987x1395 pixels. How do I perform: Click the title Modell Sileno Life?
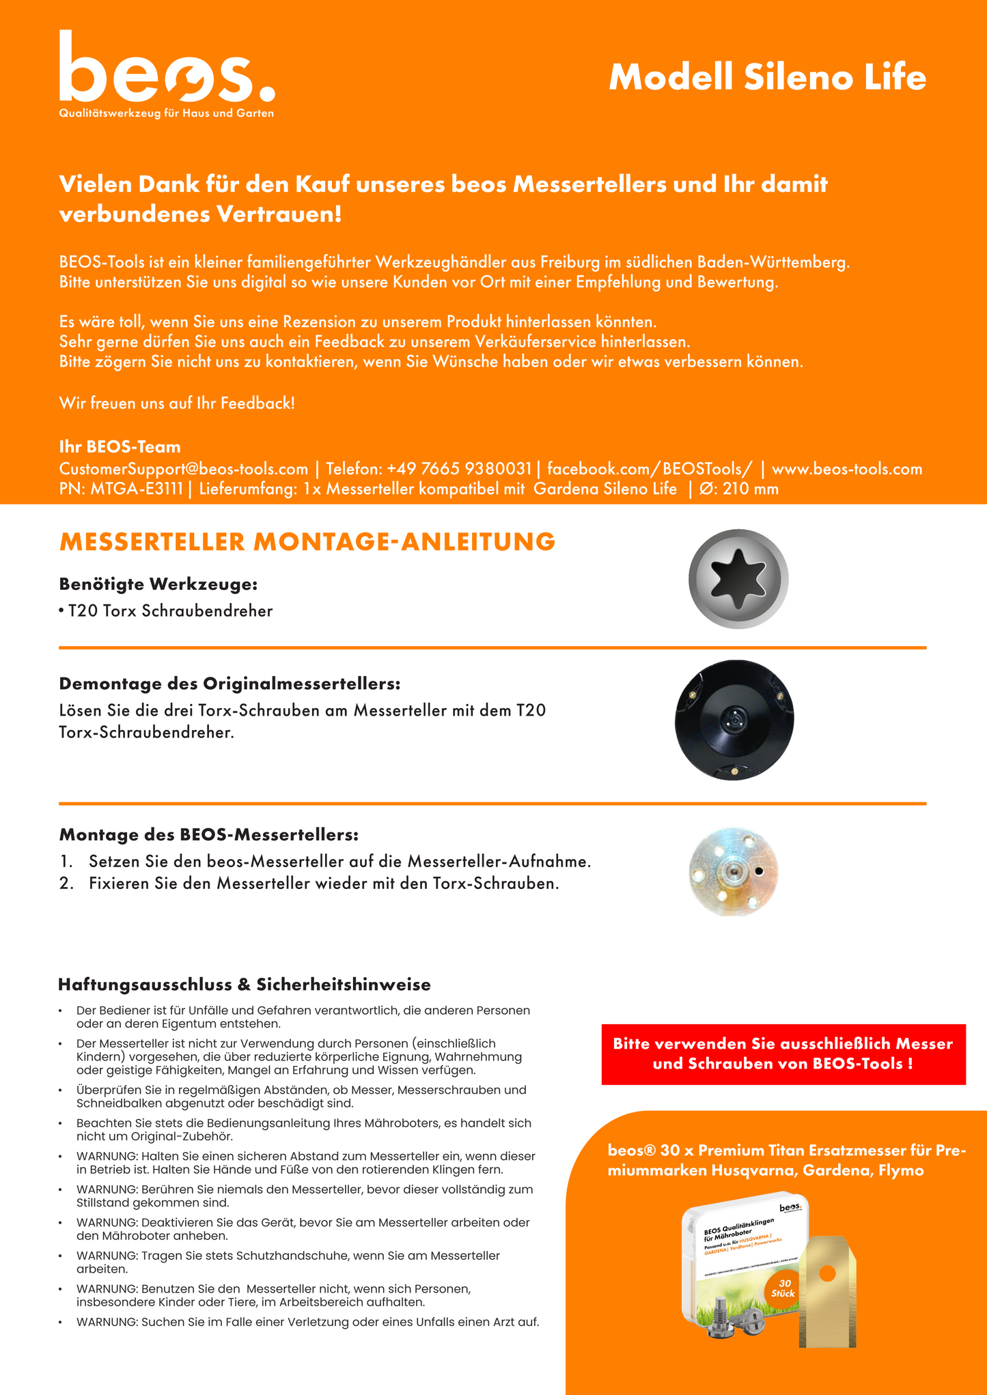[x=767, y=77]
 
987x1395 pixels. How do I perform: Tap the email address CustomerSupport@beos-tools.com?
[x=184, y=469]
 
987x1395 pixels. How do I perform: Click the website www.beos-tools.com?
[x=846, y=469]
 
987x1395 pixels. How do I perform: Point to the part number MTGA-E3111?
[x=137, y=489]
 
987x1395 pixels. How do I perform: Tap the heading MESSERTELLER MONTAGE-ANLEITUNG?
[x=307, y=541]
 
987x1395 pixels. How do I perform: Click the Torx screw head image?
[x=738, y=578]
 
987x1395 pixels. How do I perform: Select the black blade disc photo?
[x=734, y=720]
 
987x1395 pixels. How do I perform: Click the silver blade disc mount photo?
[x=734, y=872]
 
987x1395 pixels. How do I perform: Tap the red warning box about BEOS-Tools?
[x=783, y=1054]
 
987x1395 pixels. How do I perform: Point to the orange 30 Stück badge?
[x=783, y=1288]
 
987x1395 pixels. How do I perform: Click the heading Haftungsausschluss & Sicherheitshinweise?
[x=245, y=985]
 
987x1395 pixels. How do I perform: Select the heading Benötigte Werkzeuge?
[x=158, y=584]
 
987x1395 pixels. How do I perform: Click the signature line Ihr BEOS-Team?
[x=120, y=447]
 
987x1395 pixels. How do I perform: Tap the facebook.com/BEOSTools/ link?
[x=650, y=469]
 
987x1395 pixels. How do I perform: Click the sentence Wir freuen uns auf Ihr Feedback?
[x=177, y=404]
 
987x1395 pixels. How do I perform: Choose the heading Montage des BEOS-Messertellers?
[x=208, y=834]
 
